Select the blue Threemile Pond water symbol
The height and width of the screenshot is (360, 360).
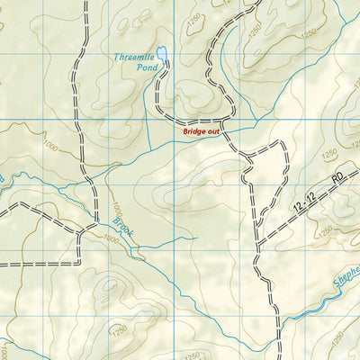point(161,55)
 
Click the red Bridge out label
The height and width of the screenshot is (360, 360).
point(201,132)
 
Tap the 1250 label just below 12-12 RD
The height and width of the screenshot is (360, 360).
point(326,229)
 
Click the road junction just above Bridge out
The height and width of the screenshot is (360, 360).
point(222,120)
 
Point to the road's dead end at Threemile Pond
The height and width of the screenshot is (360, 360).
point(162,67)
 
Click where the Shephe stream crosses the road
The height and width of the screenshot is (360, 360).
point(281,317)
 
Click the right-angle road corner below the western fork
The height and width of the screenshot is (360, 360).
point(79,264)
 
